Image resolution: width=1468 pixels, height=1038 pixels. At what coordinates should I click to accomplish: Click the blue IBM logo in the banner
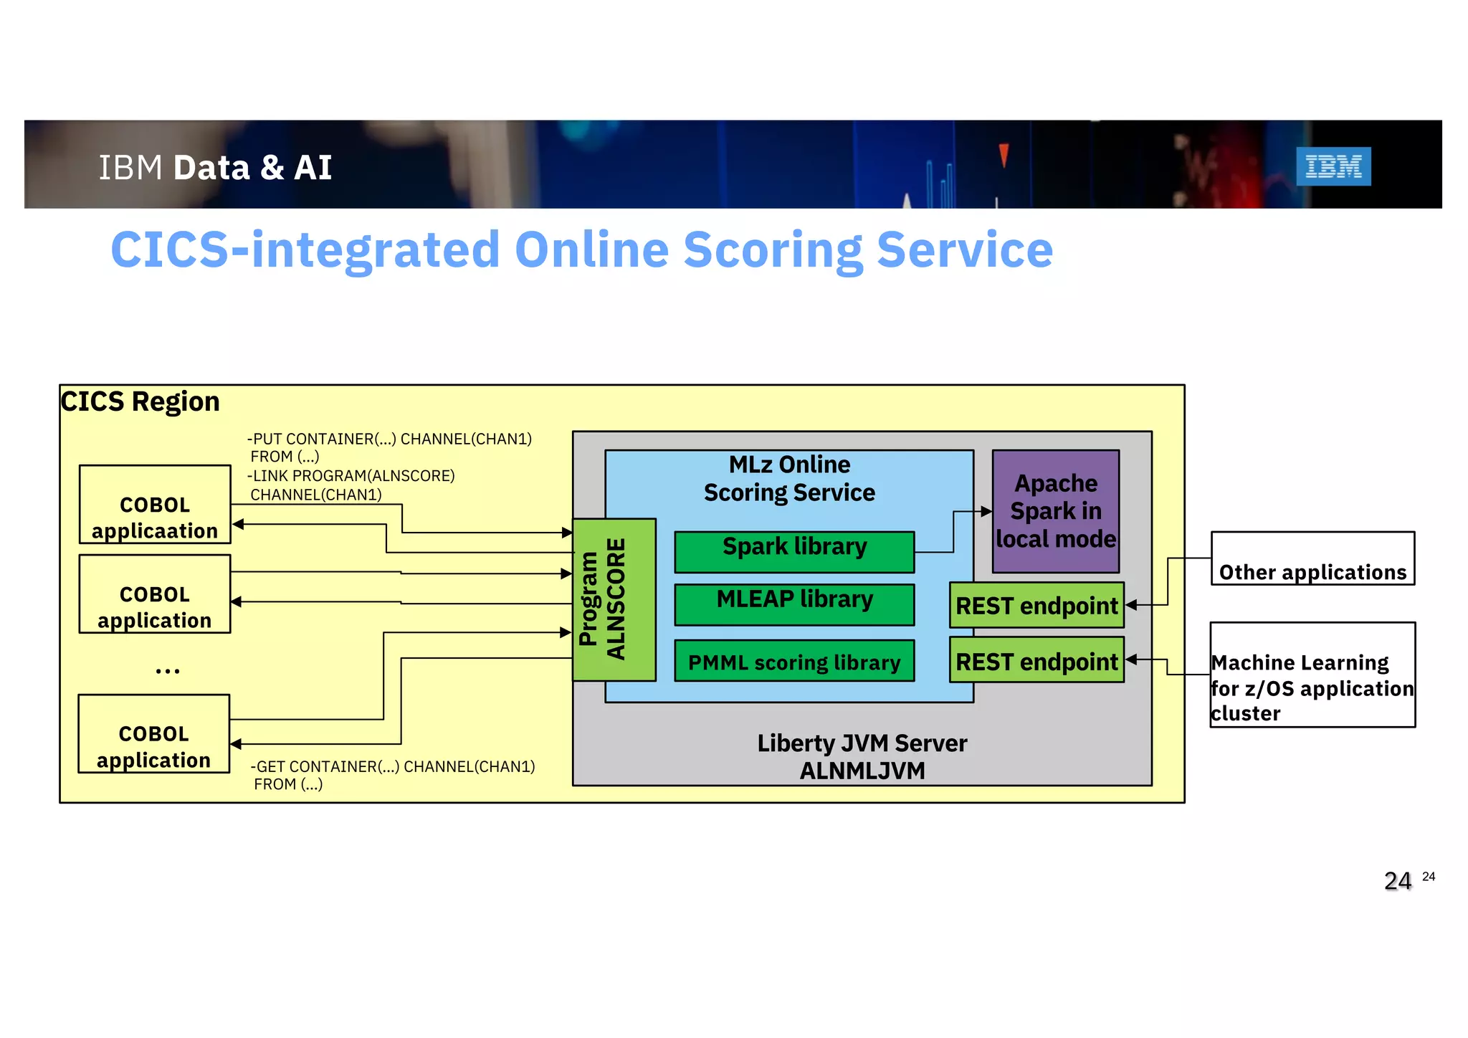coord(1333,166)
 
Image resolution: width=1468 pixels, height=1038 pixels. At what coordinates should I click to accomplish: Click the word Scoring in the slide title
coord(773,250)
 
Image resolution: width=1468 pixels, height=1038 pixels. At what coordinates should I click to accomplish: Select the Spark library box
coord(794,552)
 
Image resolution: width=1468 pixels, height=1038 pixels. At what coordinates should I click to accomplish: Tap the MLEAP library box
coord(794,604)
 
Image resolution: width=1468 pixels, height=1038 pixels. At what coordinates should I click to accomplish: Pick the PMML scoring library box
coord(794,661)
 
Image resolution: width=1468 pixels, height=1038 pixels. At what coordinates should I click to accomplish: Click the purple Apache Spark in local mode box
coord(1055,511)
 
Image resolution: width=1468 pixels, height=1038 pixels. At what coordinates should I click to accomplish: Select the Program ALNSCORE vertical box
coord(614,599)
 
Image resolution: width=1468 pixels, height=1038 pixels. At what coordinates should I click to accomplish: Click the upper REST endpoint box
coord(1036,606)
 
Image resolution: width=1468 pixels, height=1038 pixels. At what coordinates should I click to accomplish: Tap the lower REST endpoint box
coord(1036,661)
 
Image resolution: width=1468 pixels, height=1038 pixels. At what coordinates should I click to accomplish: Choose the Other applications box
coord(1312,559)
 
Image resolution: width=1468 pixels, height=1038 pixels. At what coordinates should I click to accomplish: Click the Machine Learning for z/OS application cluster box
coord(1312,675)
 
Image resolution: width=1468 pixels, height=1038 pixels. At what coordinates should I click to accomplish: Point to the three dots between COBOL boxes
coord(167,671)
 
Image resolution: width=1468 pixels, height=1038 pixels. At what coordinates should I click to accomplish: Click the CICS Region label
coord(140,401)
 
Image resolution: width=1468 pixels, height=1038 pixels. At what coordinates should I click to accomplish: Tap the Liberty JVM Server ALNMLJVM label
coord(862,757)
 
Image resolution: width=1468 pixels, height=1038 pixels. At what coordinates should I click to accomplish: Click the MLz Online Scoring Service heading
coord(789,478)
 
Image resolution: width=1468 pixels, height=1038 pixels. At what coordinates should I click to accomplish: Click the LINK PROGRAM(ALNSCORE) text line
coord(351,476)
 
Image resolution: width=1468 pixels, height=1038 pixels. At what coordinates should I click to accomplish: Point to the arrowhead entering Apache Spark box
coord(986,512)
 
